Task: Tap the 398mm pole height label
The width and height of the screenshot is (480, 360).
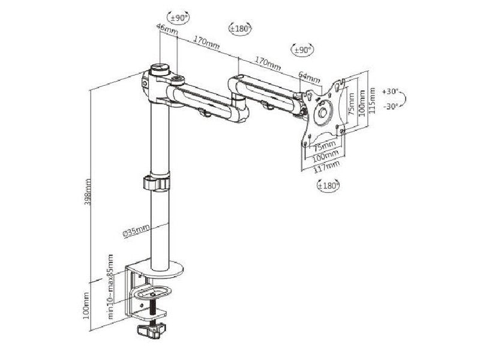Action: tap(89, 190)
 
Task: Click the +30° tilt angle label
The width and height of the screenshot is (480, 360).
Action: tap(390, 92)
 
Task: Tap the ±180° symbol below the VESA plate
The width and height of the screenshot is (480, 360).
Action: tap(328, 185)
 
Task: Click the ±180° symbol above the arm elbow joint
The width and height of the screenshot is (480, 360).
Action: tap(241, 28)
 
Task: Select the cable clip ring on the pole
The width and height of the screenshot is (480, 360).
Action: tap(157, 183)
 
